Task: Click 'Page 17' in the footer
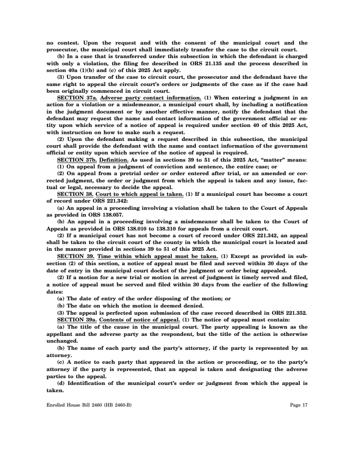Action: click(299, 405)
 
